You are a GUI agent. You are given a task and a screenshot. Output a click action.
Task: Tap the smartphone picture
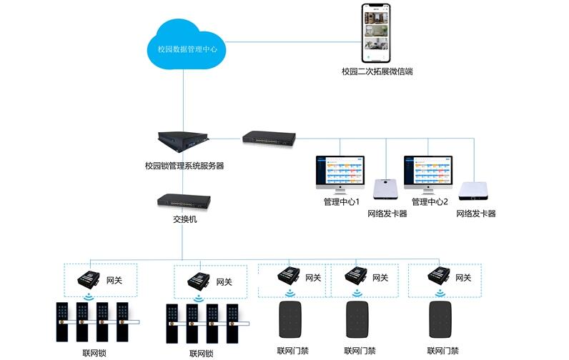(x=377, y=32)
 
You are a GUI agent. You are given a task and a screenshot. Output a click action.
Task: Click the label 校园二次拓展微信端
(x=377, y=71)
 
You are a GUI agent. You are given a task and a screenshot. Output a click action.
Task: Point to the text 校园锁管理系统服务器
(x=184, y=166)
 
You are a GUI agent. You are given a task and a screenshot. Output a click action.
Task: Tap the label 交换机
(x=184, y=219)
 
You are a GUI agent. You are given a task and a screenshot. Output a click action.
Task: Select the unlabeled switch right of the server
(x=268, y=136)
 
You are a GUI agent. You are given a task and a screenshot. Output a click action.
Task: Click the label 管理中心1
(x=341, y=202)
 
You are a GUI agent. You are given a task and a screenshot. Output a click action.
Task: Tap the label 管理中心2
(x=430, y=202)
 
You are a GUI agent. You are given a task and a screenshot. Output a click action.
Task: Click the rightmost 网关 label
(x=463, y=277)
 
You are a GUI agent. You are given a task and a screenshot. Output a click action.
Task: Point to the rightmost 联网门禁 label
(x=443, y=351)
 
